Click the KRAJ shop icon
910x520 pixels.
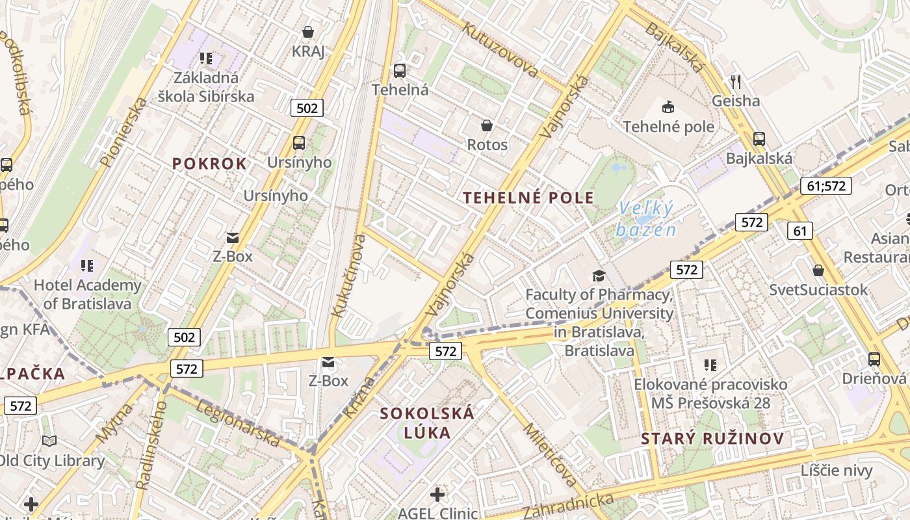308,31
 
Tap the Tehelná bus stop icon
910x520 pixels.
399,70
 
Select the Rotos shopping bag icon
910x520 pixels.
486,125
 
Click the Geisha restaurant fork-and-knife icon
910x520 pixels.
736,81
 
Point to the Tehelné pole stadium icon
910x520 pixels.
668,107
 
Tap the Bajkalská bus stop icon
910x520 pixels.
759,138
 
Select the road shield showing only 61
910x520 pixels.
799,230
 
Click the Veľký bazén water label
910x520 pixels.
646,219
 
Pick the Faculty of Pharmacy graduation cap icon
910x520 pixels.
599,276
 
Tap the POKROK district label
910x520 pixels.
209,164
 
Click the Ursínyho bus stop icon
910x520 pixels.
299,142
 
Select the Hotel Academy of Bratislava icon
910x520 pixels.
87,265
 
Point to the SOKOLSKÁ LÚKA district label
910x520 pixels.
427,422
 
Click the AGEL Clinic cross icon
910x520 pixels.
437,495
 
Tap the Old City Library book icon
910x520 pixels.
49,441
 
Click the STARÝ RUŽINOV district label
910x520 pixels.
712,438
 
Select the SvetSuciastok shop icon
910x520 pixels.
818,270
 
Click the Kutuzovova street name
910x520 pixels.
500,49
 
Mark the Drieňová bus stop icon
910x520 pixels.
874,359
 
